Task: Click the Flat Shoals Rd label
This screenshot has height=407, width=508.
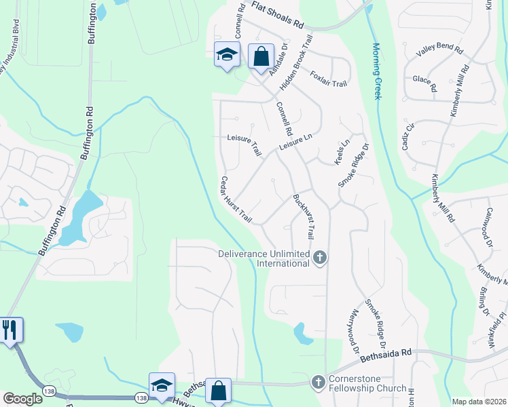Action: tap(278, 15)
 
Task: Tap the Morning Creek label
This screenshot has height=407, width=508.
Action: tap(377, 71)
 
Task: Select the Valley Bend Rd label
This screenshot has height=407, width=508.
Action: tap(439, 51)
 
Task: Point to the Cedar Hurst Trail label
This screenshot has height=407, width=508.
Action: tap(236, 200)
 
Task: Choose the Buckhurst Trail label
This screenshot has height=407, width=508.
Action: tap(303, 216)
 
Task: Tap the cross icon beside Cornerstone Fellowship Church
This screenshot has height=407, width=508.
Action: tap(318, 383)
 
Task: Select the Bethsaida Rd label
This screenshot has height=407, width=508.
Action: tap(386, 353)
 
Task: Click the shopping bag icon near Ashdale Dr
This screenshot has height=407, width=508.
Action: tap(261, 56)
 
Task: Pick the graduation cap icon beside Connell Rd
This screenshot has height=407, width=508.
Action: tap(226, 54)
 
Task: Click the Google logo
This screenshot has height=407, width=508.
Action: tap(22, 399)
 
